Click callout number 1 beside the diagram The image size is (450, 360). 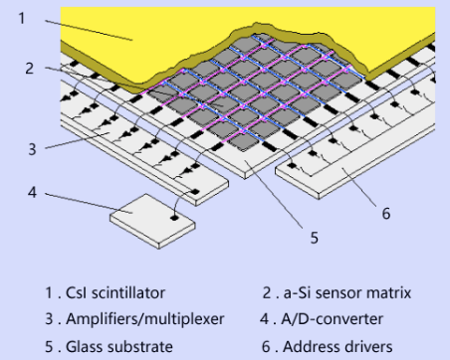point(22,18)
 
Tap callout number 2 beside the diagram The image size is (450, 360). point(30,69)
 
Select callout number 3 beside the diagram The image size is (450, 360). point(32,149)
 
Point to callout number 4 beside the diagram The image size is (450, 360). point(32,192)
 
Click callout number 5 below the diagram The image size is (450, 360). point(314,238)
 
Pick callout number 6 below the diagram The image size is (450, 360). point(386,214)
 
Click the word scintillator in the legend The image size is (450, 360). point(128,292)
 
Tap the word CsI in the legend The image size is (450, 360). point(77,293)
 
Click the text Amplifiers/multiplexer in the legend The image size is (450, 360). point(145,319)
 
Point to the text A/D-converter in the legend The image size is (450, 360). point(333,319)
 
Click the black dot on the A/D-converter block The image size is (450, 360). point(174,218)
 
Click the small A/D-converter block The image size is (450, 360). point(152,221)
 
